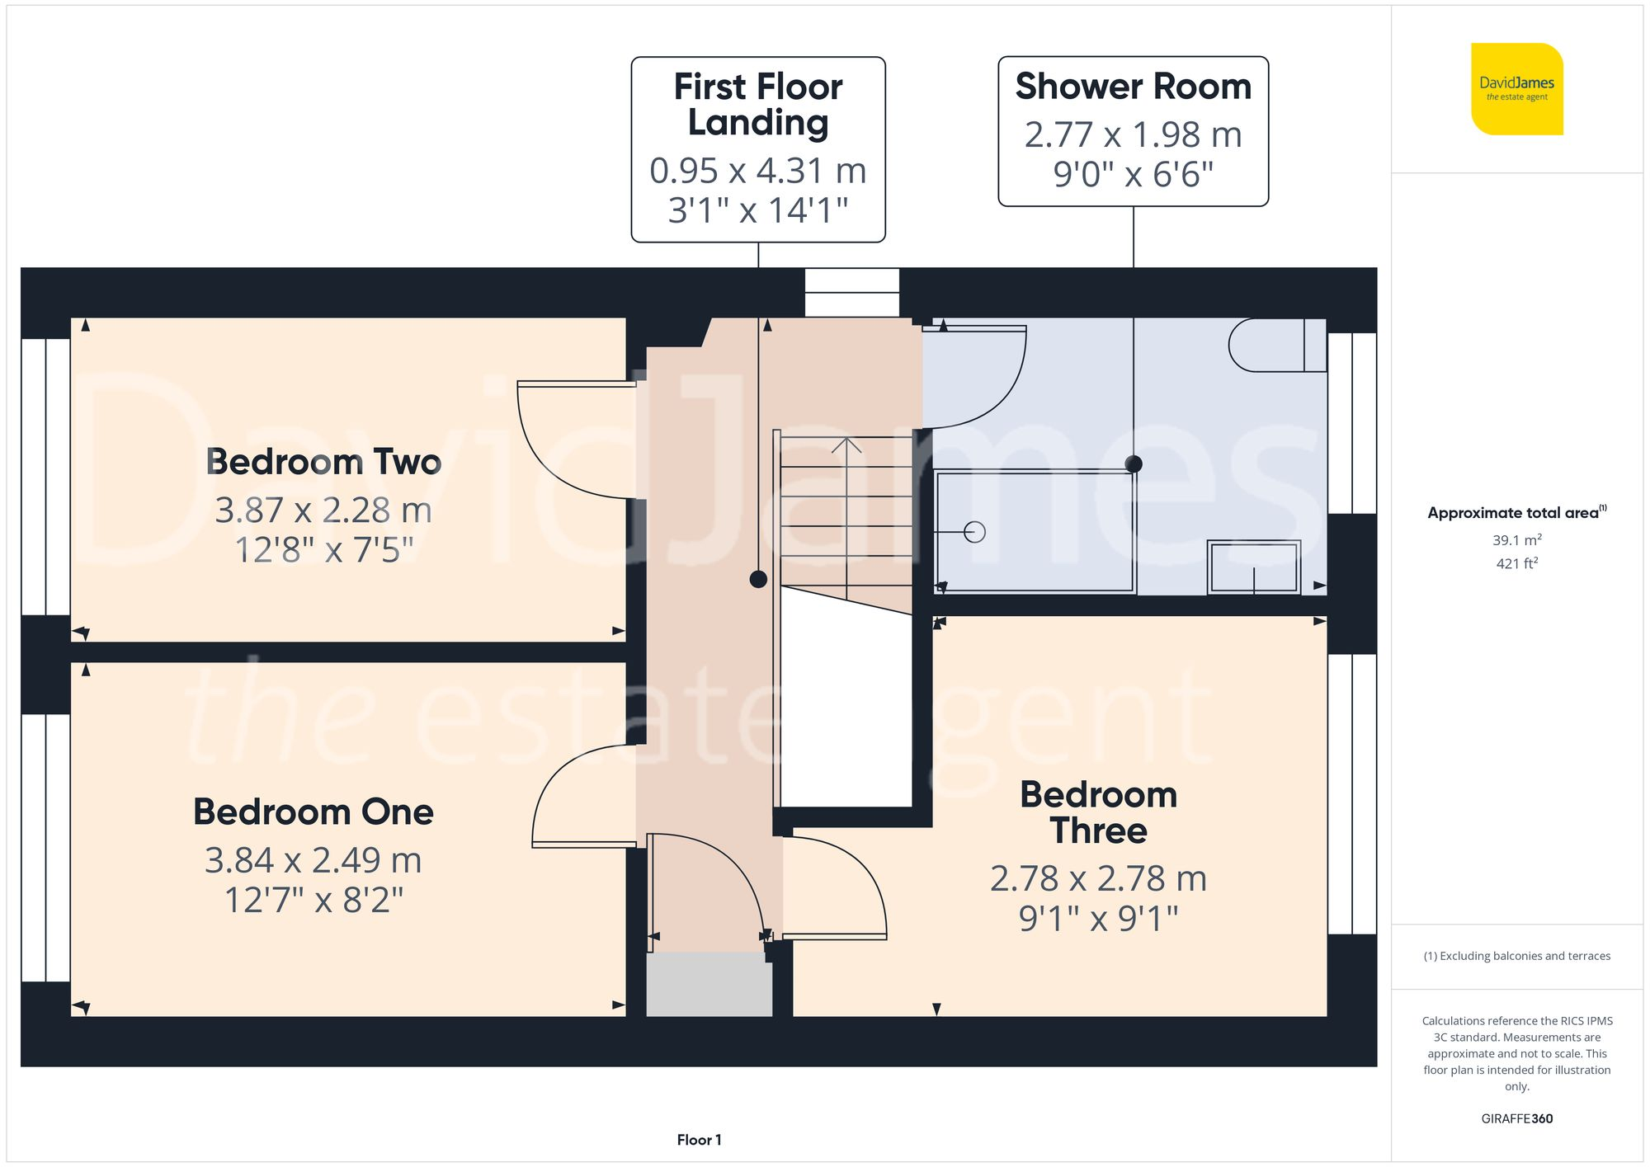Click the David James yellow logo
[x=1516, y=89]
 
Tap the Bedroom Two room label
[x=323, y=462]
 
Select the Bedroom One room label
[x=313, y=812]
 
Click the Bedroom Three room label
[x=1098, y=812]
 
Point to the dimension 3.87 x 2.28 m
[x=323, y=511]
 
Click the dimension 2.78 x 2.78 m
[x=1098, y=878]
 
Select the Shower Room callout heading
[x=1133, y=87]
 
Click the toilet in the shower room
[x=1275, y=345]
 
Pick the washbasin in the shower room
[x=1253, y=567]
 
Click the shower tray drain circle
[x=974, y=532]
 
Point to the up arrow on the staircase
[x=846, y=446]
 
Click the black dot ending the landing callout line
[x=758, y=579]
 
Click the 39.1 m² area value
[x=1516, y=540]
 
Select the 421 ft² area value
[x=1516, y=563]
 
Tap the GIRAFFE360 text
[x=1516, y=1118]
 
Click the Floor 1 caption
[x=699, y=1140]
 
